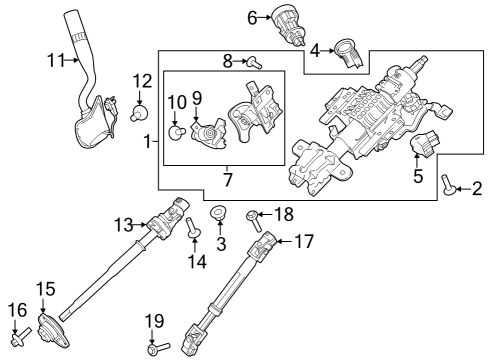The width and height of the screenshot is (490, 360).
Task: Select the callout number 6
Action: tap(252, 16)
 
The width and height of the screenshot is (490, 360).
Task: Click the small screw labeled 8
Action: tap(255, 61)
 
